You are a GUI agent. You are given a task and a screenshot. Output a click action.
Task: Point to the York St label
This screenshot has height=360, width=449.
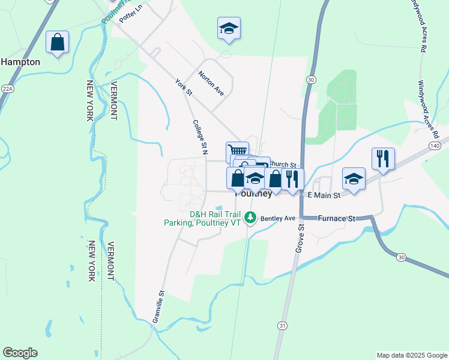(x=183, y=88)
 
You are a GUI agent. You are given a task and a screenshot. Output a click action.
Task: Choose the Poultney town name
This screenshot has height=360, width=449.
(x=253, y=194)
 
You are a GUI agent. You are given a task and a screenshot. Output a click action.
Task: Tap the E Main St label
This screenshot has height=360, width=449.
(x=324, y=195)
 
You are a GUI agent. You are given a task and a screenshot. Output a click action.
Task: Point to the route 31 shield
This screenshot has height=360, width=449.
(x=282, y=325)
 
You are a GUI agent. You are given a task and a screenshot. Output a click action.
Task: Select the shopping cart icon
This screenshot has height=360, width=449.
(x=237, y=151)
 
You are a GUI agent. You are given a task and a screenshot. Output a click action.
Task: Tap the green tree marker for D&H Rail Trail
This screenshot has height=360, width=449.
(x=253, y=218)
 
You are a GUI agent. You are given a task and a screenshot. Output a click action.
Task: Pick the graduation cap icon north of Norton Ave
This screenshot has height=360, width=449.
(x=228, y=28)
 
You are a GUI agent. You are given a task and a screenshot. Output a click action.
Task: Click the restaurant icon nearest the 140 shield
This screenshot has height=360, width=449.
(x=383, y=159)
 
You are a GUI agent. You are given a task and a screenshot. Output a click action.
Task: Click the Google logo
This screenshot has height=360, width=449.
(x=20, y=353)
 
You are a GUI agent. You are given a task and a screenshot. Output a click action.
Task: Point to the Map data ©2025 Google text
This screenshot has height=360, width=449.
(x=411, y=355)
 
